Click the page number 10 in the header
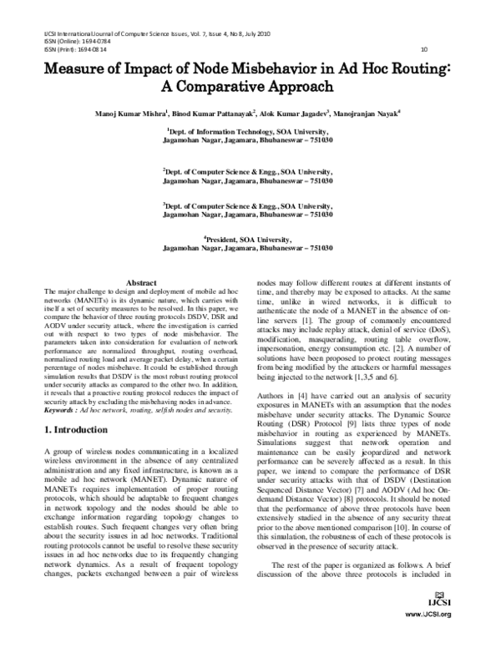click(x=423, y=49)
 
